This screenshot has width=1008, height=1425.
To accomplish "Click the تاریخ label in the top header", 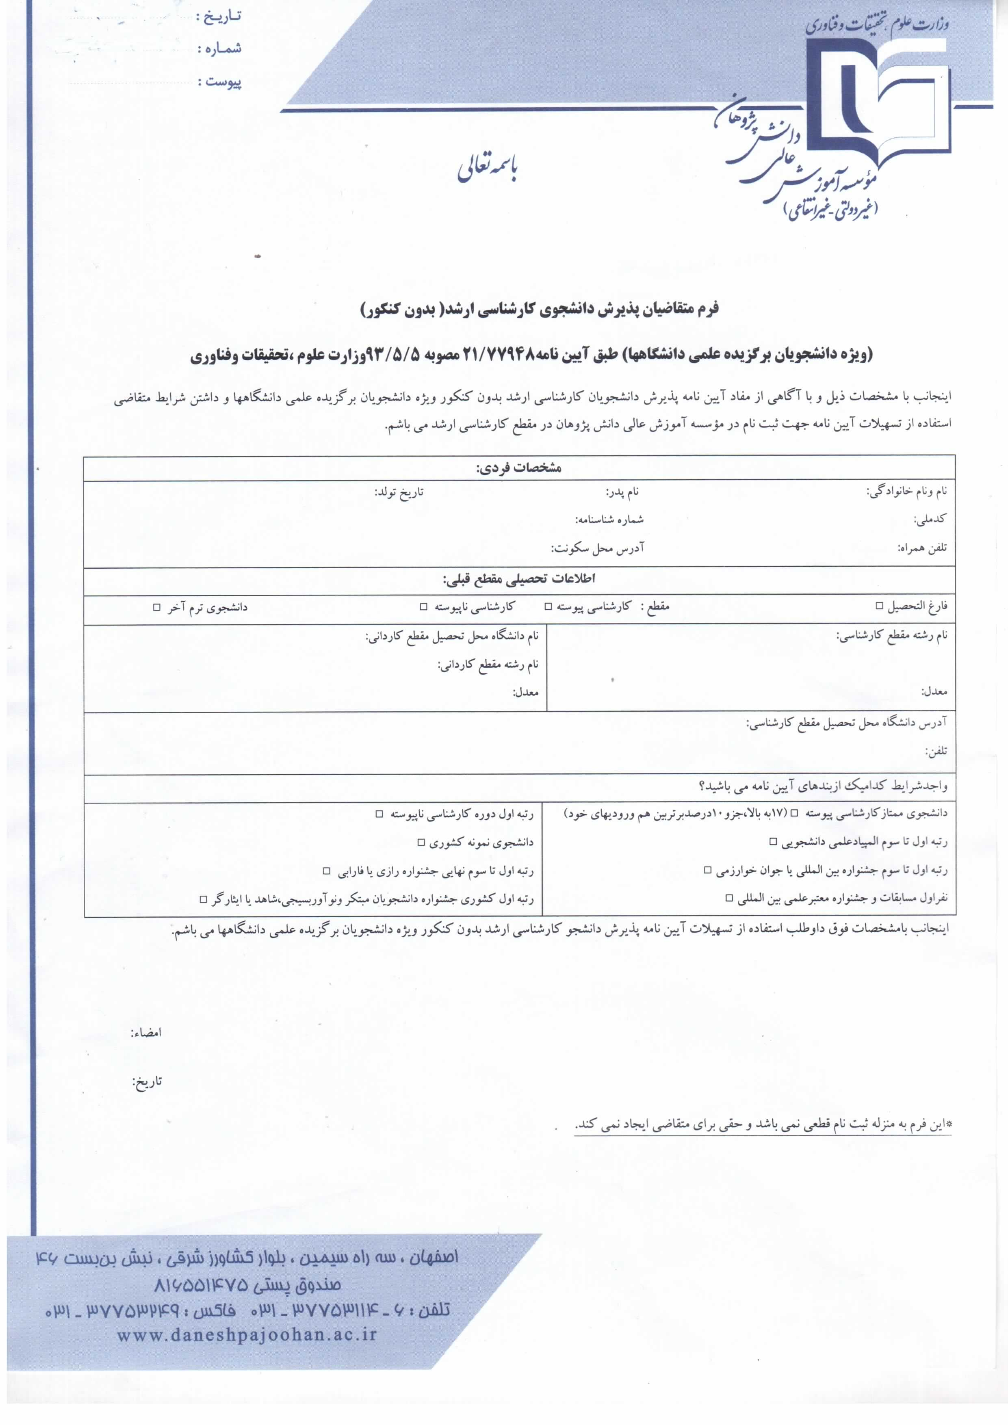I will click(x=219, y=17).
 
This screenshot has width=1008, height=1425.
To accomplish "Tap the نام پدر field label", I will click(x=622, y=492).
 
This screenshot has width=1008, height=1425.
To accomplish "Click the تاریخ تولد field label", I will click(x=399, y=493).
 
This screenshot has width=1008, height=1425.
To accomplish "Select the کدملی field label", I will click(x=930, y=520).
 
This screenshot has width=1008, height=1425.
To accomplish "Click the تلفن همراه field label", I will click(x=922, y=548).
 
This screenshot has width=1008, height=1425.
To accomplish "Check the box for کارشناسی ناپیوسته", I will click(x=423, y=606).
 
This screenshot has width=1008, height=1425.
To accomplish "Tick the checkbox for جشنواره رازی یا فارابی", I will click(x=327, y=871).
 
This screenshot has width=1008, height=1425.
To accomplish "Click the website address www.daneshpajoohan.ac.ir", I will click(x=247, y=1335).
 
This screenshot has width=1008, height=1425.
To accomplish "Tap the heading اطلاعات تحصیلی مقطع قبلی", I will click(x=518, y=579).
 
